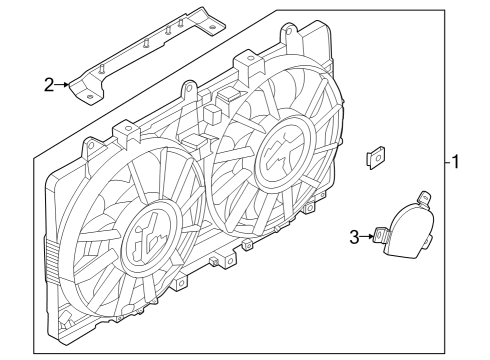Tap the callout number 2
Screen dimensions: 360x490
click(x=49, y=84)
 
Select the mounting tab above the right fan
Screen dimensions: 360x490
click(x=243, y=62)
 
